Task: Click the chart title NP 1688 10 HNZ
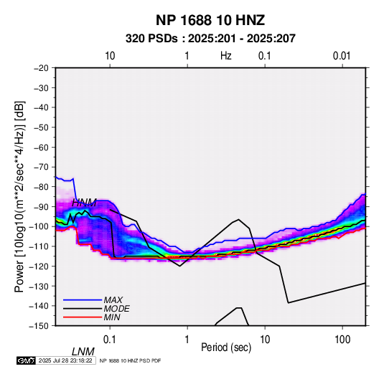pos(210,20)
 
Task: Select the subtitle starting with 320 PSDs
pos(210,39)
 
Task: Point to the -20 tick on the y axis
pos(41,68)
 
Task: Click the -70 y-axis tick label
pos(41,167)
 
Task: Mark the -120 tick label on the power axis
pos(39,267)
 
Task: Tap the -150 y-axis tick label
pos(39,326)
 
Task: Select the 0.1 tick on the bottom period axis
pos(110,340)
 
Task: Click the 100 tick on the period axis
pos(342,340)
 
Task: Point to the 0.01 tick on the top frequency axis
pos(342,56)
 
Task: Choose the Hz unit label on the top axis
pos(226,56)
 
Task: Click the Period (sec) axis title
pos(226,347)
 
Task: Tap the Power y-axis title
pos(19,196)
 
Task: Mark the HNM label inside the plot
pos(84,203)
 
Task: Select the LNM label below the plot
pos(83,352)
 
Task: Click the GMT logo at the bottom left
pos(27,360)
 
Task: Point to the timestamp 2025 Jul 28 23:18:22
pos(65,360)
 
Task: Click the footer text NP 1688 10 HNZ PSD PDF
pos(131,360)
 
